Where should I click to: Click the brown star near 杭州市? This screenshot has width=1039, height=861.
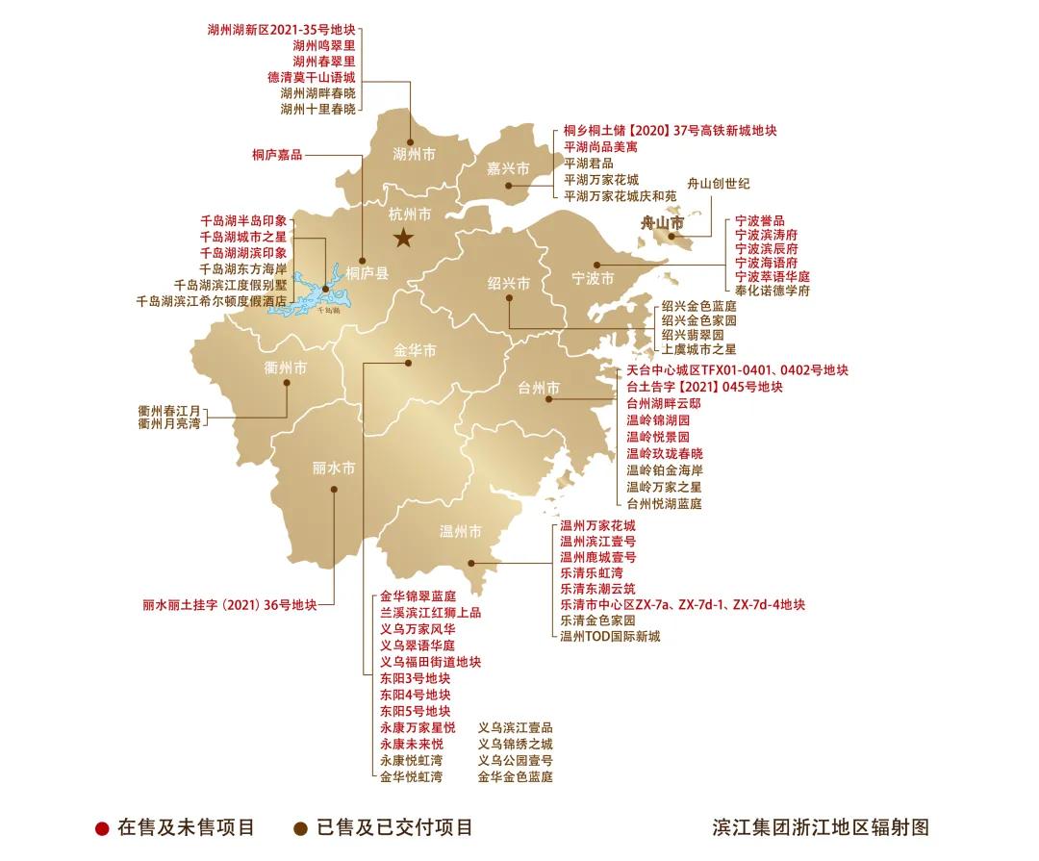click(x=403, y=238)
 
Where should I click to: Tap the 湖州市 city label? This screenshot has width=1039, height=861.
click(x=414, y=153)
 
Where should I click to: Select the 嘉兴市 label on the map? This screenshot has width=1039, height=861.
click(x=508, y=168)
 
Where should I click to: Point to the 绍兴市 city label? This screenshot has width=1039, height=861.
click(x=508, y=284)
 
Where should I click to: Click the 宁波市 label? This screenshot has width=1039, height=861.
click(x=593, y=279)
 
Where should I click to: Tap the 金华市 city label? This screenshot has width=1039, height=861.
click(x=415, y=350)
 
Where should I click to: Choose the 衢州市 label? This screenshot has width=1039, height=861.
click(x=286, y=367)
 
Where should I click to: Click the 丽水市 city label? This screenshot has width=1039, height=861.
click(x=333, y=468)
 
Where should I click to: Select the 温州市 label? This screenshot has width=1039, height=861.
click(x=460, y=531)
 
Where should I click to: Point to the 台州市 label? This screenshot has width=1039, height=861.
click(x=539, y=388)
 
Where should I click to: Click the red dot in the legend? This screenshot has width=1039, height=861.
click(x=102, y=827)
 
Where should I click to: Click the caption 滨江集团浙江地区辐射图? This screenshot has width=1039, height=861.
click(x=821, y=827)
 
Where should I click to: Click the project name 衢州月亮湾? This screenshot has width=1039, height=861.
click(x=169, y=423)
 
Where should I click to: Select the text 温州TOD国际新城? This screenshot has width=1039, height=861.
click(x=610, y=636)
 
